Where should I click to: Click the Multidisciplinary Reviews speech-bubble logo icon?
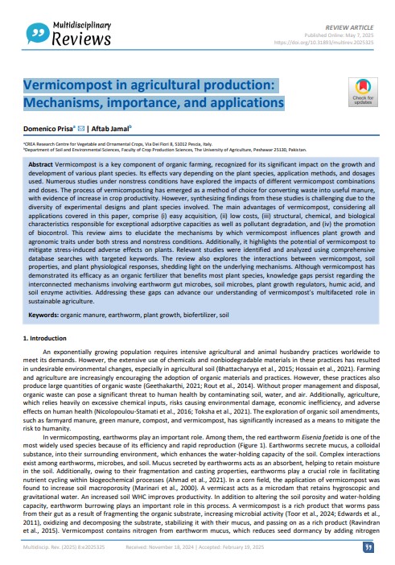pyautogui.click(x=35, y=31)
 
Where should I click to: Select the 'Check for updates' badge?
pyautogui.click(x=363, y=93)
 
